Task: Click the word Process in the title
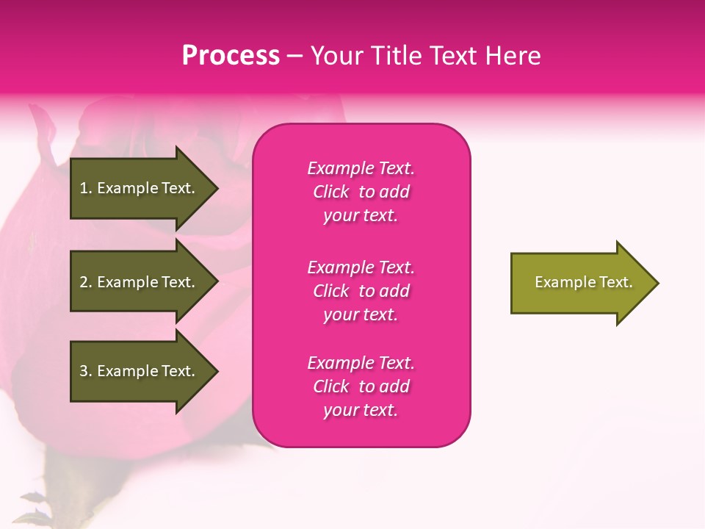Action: click(x=231, y=56)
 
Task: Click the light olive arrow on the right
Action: click(x=580, y=282)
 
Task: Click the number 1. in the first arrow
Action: click(x=86, y=188)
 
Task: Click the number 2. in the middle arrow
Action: click(x=86, y=282)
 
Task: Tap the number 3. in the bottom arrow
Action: click(x=86, y=371)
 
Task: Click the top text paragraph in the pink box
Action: click(x=361, y=192)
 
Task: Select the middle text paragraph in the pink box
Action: click(x=361, y=291)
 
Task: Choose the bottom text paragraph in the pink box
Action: click(x=361, y=386)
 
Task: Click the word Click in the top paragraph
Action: click(x=331, y=192)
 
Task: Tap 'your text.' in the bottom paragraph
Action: click(x=361, y=410)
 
